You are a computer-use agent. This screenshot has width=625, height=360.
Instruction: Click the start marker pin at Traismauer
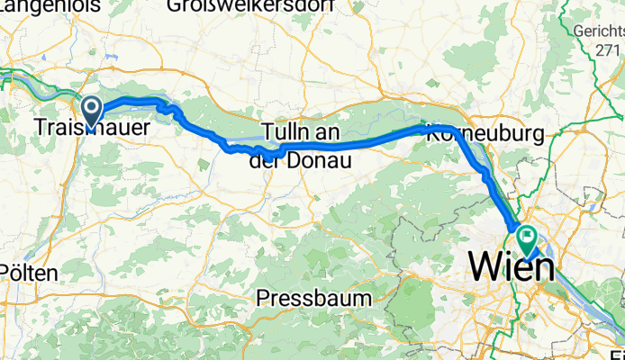click(92, 111)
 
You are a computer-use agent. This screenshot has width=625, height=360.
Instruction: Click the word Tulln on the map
click(287, 131)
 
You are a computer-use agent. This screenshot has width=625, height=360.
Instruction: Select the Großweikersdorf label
click(250, 6)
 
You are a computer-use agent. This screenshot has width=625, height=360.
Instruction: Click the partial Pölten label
click(27, 273)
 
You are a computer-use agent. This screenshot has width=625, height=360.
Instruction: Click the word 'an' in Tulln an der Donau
click(331, 131)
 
